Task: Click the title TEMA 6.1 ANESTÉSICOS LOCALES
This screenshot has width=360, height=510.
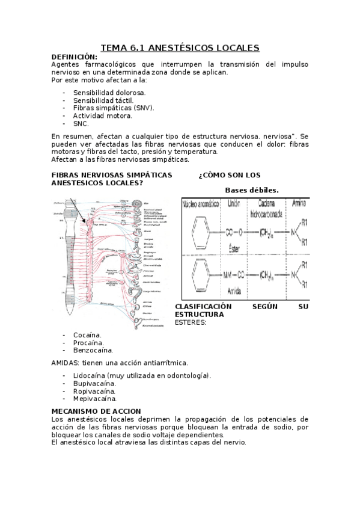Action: (x=180, y=48)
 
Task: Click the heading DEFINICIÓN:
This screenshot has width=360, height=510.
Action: (x=75, y=57)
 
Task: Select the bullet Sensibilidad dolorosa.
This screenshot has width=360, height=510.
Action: (x=109, y=93)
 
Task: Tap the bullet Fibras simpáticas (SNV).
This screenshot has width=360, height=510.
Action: (x=114, y=108)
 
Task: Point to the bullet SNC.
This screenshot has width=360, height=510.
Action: (x=81, y=123)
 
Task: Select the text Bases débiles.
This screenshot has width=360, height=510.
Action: (x=252, y=191)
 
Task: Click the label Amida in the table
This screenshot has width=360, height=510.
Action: (x=236, y=290)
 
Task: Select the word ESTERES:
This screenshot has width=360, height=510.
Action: (x=191, y=322)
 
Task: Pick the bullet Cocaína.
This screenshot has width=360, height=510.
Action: (x=87, y=335)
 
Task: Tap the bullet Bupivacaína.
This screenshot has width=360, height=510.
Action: (x=94, y=383)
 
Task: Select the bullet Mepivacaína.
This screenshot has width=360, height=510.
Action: (x=95, y=398)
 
